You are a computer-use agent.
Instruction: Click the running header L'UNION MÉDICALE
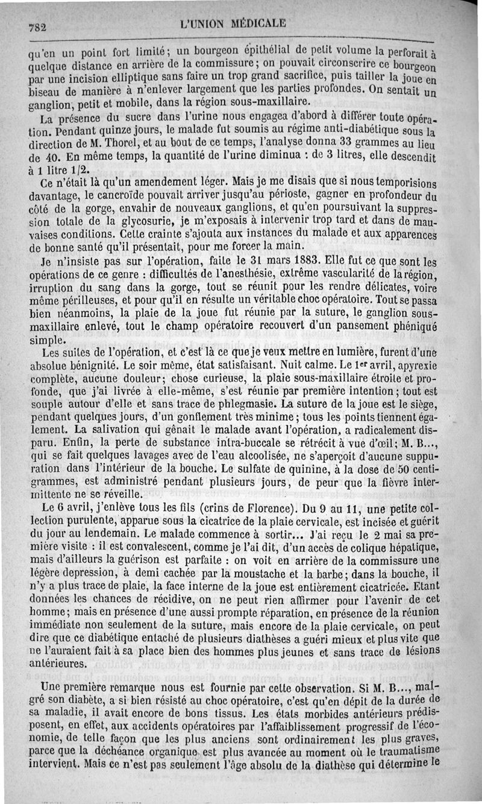click(x=233, y=24)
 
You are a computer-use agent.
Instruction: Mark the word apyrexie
click(x=415, y=367)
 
